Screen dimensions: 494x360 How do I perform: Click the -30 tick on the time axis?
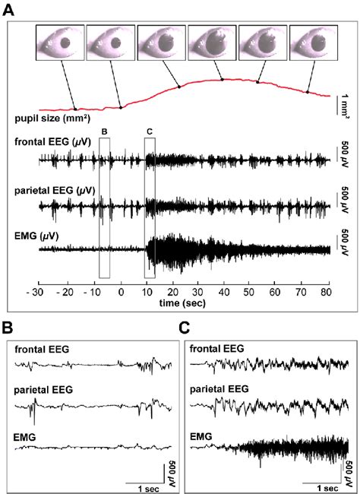[x=33, y=292]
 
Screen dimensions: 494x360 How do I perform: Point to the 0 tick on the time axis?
[x=122, y=292]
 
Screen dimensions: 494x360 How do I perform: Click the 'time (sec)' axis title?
[x=181, y=302]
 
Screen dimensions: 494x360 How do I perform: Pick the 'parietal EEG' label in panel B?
[x=43, y=393]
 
